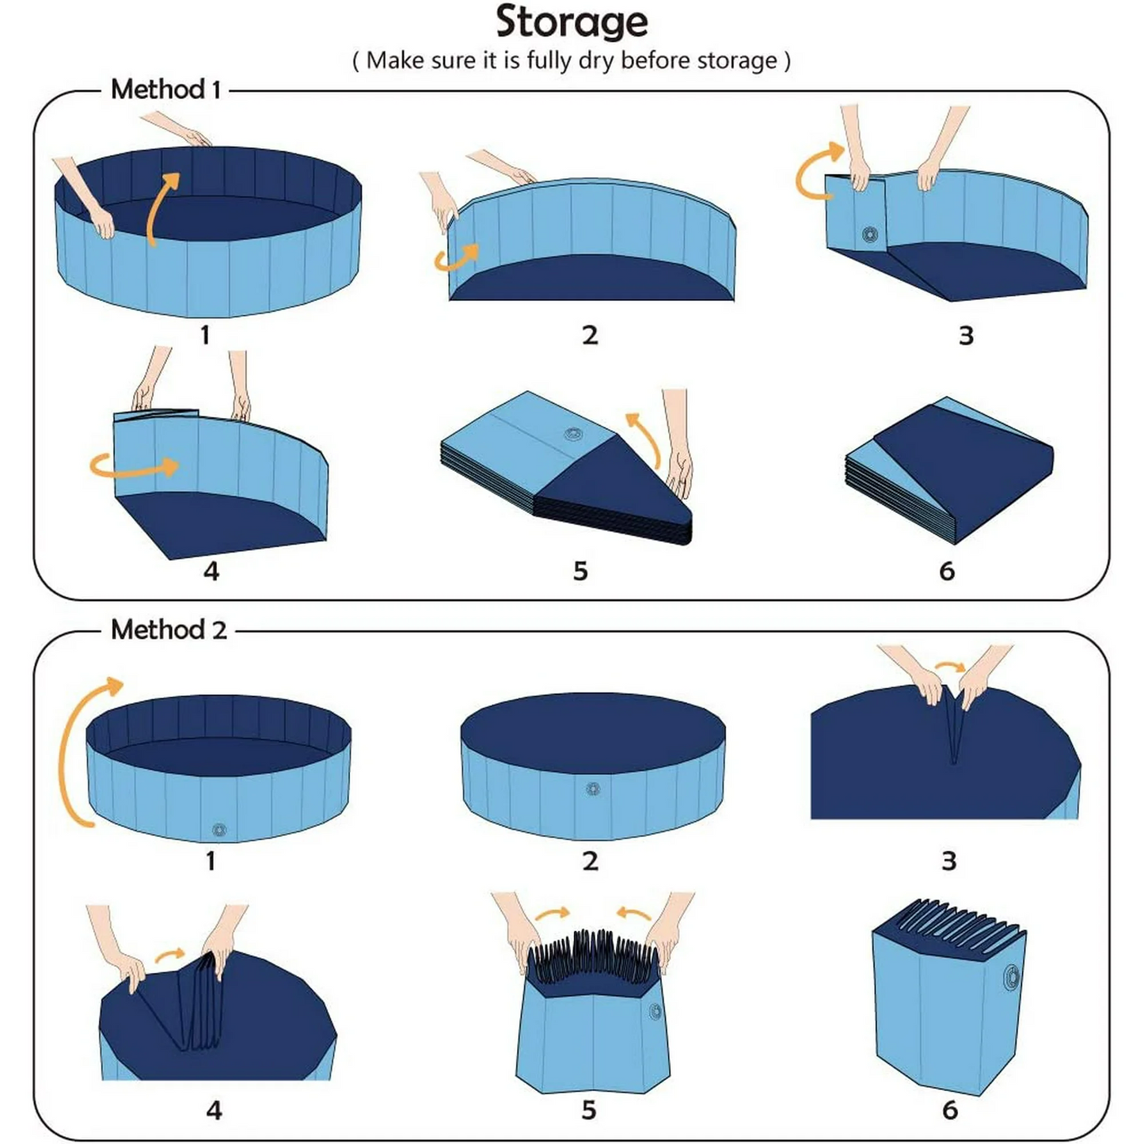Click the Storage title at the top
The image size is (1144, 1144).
click(572, 22)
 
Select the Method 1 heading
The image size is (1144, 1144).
click(165, 89)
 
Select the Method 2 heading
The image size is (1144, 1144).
click(169, 630)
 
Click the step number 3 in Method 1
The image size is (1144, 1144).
click(966, 336)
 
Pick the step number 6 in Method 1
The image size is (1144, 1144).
click(947, 571)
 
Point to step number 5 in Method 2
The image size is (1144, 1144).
click(588, 1110)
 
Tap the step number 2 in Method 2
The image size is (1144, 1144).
click(590, 861)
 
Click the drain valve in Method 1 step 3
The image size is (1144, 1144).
click(870, 234)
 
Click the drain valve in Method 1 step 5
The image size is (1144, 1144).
click(573, 434)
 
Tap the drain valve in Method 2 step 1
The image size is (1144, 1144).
click(219, 830)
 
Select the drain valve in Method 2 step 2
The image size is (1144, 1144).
click(593, 789)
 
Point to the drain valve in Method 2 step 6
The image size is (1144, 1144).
click(1012, 978)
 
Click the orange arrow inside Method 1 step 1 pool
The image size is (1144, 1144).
click(161, 207)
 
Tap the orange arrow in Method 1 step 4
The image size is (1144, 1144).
click(133, 466)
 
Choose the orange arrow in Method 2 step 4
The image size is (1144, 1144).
click(169, 956)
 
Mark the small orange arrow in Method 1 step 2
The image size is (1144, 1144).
click(458, 257)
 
